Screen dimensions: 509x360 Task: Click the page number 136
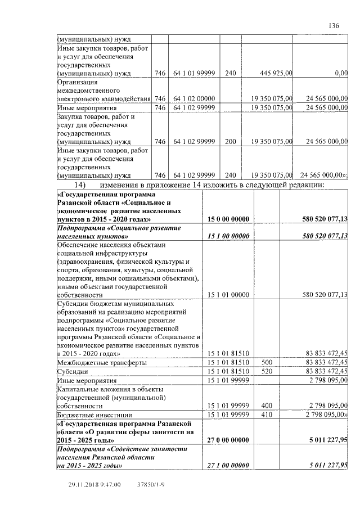tap(334, 25)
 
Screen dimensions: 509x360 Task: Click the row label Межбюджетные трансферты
tap(102, 362)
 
